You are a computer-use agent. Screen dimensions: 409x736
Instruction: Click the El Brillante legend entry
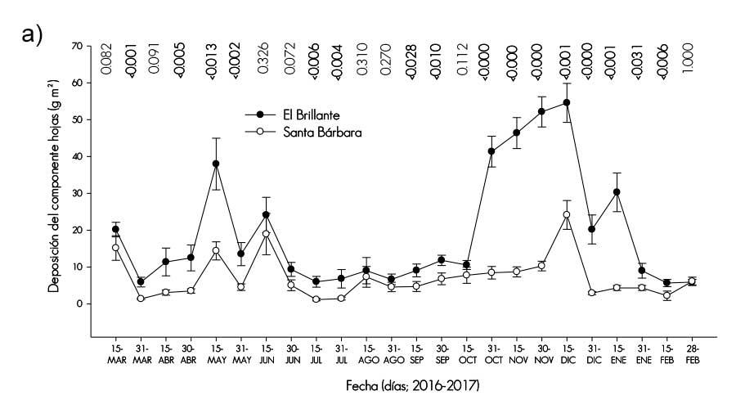[x=295, y=115]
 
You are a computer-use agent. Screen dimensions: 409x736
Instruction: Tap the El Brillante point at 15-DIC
[x=566, y=103]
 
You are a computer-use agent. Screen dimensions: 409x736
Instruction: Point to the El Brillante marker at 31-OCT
[x=491, y=151]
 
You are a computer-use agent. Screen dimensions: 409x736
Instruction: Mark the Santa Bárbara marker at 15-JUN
[x=266, y=234]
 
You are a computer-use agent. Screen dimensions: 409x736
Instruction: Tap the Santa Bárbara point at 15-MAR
[x=116, y=248]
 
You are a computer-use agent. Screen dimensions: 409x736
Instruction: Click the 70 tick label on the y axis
[x=78, y=46]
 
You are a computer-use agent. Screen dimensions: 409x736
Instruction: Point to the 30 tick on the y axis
[x=78, y=193]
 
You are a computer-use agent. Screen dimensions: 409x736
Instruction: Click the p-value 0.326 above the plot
[x=266, y=63]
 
